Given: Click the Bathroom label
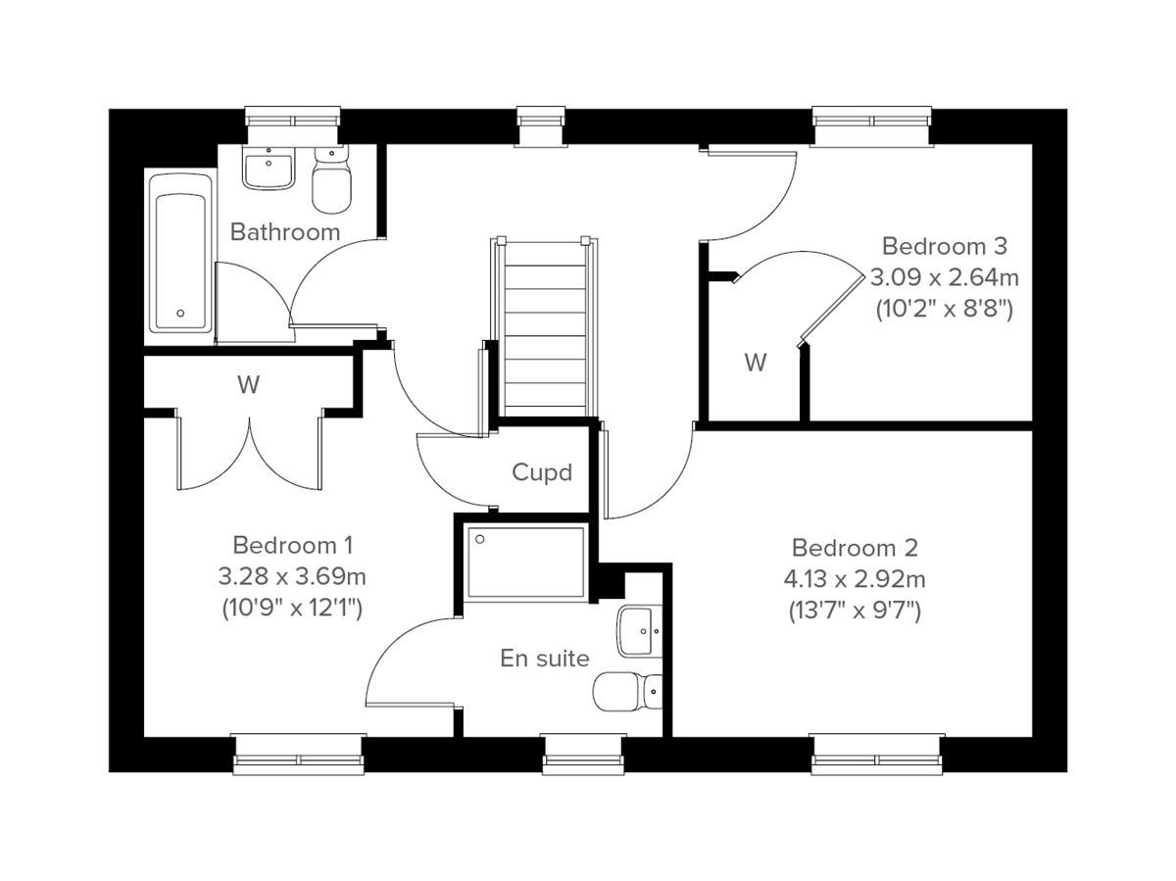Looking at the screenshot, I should (x=285, y=232).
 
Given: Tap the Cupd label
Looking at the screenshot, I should (x=542, y=472).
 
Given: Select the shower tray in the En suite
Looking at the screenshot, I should (x=526, y=562).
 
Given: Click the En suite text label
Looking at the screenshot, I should (x=545, y=659).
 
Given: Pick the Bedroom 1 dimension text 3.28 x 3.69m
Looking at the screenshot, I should (x=292, y=575).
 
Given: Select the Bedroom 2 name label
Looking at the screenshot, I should (x=856, y=547).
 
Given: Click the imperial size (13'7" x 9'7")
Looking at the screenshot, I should (x=856, y=611).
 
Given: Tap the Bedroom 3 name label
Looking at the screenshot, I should (x=944, y=245).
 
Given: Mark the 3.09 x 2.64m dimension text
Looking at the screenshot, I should (x=944, y=277).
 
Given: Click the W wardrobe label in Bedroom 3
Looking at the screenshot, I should (x=755, y=364).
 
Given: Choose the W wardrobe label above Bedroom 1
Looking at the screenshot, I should (x=248, y=385).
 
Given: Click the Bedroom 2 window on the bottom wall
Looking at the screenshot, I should (x=877, y=753).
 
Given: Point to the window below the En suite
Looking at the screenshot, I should (x=582, y=753).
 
